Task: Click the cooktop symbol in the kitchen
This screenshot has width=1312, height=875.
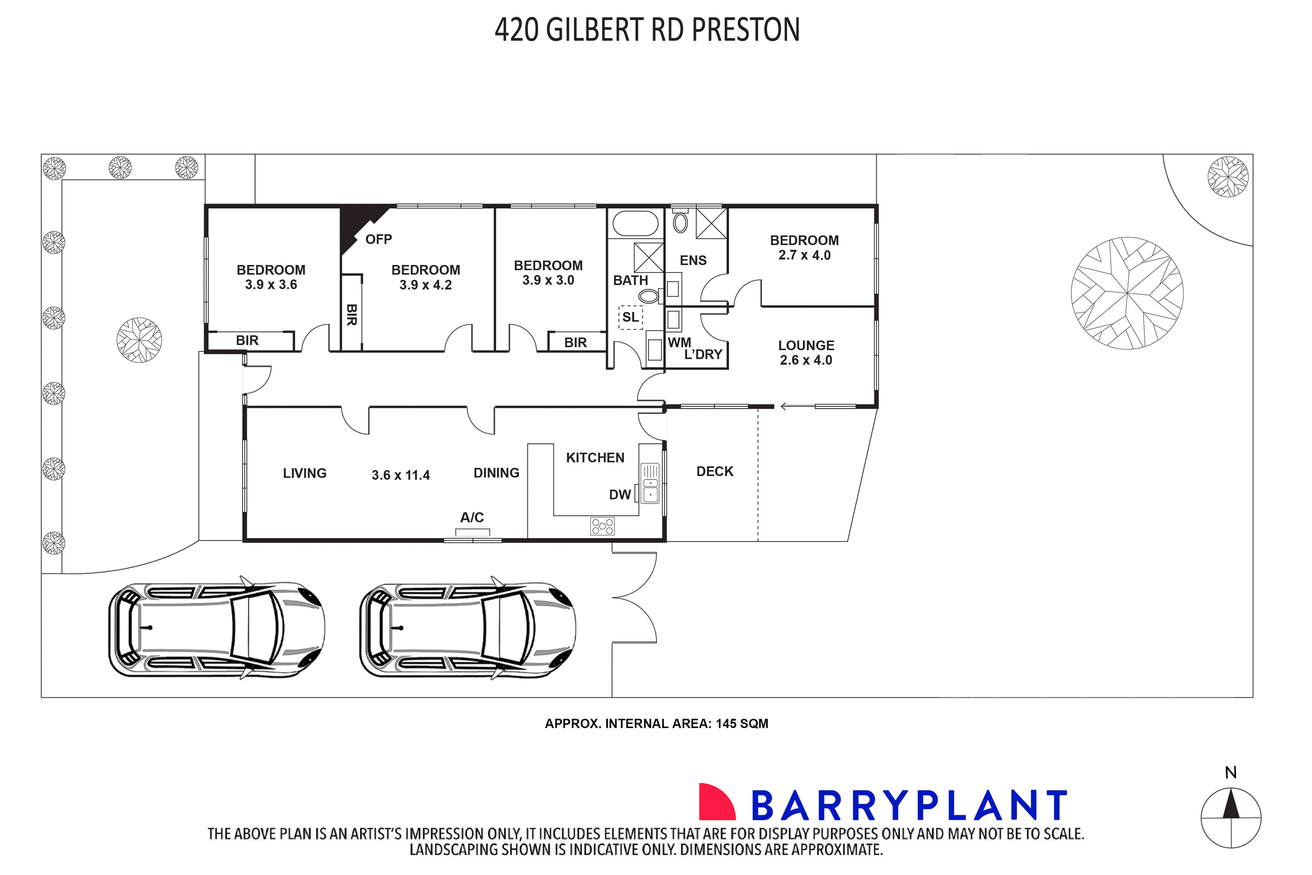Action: click(x=602, y=526)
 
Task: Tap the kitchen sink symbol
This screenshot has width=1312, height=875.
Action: click(x=650, y=483)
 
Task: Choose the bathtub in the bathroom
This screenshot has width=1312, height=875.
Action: click(x=635, y=224)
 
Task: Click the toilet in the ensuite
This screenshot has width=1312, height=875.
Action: click(x=680, y=222)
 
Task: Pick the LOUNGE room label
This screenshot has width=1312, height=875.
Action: click(x=806, y=345)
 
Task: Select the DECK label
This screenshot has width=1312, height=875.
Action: click(x=714, y=471)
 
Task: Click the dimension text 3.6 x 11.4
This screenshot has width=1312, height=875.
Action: click(x=401, y=475)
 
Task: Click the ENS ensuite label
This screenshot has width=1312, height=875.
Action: click(x=693, y=261)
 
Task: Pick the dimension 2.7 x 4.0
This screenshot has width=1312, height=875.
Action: click(x=804, y=256)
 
